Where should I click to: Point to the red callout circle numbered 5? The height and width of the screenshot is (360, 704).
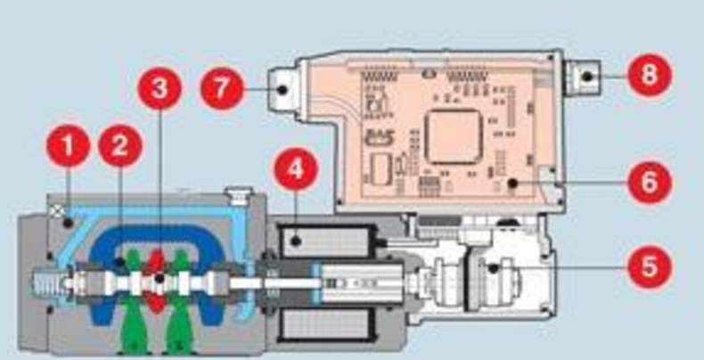pyautogui.click(x=650, y=265)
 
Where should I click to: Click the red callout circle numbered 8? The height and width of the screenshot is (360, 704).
pyautogui.click(x=650, y=74)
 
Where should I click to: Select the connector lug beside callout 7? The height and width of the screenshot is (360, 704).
pyautogui.click(x=281, y=89)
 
